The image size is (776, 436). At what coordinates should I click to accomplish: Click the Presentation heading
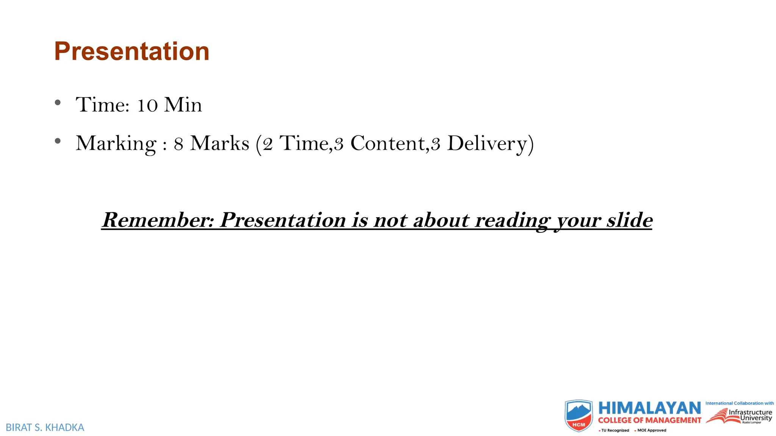[x=131, y=51]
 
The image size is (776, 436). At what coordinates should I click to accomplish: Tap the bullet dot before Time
[x=58, y=103]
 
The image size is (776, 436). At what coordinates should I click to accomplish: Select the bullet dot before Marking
[x=58, y=141]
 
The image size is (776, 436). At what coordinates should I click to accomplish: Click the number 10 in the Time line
[x=147, y=105]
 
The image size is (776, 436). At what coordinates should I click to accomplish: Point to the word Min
[x=183, y=105]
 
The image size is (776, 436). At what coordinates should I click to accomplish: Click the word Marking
[x=116, y=144]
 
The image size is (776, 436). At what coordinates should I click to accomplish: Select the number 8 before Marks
[x=178, y=144]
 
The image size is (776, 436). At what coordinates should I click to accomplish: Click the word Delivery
[x=487, y=144]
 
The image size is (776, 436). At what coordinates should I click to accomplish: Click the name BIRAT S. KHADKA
[x=45, y=428]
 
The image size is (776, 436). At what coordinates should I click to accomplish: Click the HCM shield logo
[x=578, y=416]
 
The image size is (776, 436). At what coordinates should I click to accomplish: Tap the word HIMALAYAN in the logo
[x=649, y=409]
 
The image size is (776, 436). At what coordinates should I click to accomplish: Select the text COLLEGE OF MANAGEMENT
[x=649, y=420]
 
